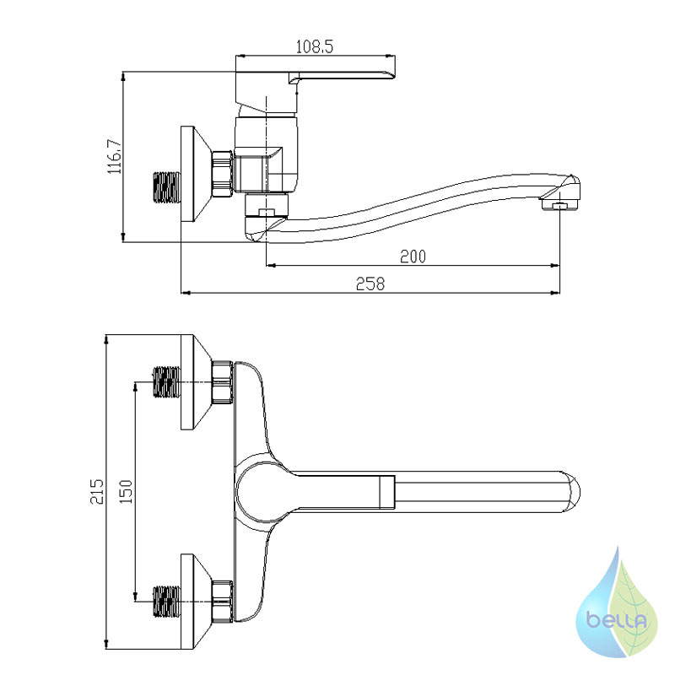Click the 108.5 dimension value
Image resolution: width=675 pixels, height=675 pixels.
[x=315, y=46]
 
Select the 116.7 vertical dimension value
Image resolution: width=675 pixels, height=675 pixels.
[x=115, y=156]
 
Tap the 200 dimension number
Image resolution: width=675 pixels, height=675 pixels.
[x=413, y=256]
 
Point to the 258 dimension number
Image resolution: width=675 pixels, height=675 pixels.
[x=370, y=284]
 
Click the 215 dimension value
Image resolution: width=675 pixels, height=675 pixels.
[x=97, y=491]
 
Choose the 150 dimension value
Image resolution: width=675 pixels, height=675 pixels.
[x=125, y=491]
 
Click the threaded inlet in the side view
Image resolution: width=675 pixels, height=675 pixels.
[x=167, y=186]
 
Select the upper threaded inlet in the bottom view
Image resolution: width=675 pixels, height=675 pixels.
[x=167, y=381]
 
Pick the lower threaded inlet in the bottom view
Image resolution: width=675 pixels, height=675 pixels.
[x=167, y=601]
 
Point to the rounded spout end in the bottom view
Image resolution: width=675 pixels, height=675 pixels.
[x=572, y=492]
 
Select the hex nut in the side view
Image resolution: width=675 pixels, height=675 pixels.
[x=223, y=174]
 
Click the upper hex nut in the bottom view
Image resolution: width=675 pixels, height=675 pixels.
[x=223, y=382]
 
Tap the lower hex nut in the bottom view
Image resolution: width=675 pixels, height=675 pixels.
[x=223, y=602]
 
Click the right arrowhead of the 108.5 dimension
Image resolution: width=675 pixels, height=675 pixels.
[x=391, y=56]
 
